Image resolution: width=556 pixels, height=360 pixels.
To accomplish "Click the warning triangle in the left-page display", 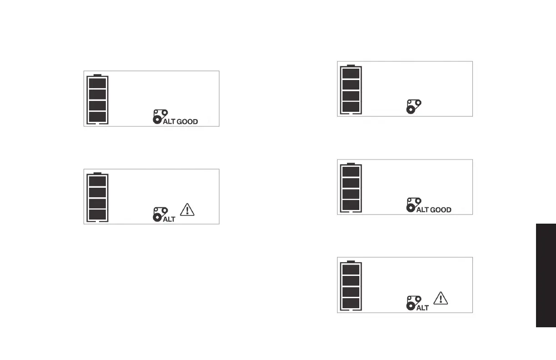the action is pyautogui.click(x=187, y=210).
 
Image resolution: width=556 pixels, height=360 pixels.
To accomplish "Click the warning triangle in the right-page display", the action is pyautogui.click(x=441, y=298).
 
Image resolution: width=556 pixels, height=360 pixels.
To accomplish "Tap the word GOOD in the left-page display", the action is pyautogui.click(x=187, y=122).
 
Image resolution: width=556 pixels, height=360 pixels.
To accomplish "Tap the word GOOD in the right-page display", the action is pyautogui.click(x=441, y=210).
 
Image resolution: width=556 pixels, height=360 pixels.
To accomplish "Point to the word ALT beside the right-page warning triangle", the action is pyautogui.click(x=422, y=308).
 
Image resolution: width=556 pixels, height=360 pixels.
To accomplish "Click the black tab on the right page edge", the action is pyautogui.click(x=546, y=275).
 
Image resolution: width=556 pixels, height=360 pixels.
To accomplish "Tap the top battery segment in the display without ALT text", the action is pyautogui.click(x=351, y=73).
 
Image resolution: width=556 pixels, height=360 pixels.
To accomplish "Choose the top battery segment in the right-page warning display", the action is pyautogui.click(x=351, y=269).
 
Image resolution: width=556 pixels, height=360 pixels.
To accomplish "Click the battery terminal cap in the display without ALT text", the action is pyautogui.click(x=351, y=65).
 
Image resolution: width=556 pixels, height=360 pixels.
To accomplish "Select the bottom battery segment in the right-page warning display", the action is pyautogui.click(x=351, y=303).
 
